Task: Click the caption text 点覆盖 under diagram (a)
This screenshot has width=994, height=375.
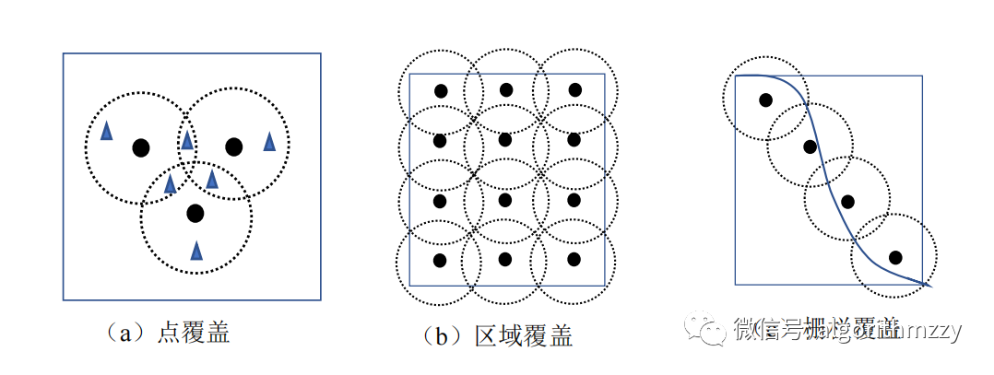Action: pyautogui.click(x=193, y=333)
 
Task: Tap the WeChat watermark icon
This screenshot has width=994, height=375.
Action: pyautogui.click(x=712, y=330)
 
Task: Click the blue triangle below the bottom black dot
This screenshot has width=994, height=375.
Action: pyautogui.click(x=196, y=250)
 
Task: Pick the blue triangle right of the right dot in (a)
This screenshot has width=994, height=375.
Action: pyautogui.click(x=269, y=141)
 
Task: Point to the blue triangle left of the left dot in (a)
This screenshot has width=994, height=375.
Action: pyautogui.click(x=107, y=131)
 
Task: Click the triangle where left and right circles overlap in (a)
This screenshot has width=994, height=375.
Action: pyautogui.click(x=187, y=140)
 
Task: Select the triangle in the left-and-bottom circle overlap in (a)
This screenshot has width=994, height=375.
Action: pyautogui.click(x=171, y=183)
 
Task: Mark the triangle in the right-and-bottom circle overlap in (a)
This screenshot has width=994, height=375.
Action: pyautogui.click(x=212, y=178)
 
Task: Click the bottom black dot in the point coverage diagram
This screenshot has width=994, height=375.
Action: pyautogui.click(x=195, y=214)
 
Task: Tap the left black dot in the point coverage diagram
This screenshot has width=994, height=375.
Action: pyautogui.click(x=140, y=147)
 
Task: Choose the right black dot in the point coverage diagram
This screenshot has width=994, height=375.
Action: pyautogui.click(x=233, y=146)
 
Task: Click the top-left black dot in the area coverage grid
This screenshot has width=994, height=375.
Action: pyautogui.click(x=441, y=91)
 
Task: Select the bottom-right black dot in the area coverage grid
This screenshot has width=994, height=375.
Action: pyautogui.click(x=573, y=259)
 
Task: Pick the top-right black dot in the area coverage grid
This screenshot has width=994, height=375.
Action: pyautogui.click(x=574, y=89)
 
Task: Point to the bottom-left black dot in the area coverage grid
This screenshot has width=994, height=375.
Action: pyautogui.click(x=440, y=259)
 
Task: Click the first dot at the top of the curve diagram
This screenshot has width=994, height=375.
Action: pyautogui.click(x=765, y=100)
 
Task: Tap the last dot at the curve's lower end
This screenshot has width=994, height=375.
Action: pyautogui.click(x=894, y=257)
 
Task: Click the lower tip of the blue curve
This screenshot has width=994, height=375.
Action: pyautogui.click(x=930, y=286)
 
